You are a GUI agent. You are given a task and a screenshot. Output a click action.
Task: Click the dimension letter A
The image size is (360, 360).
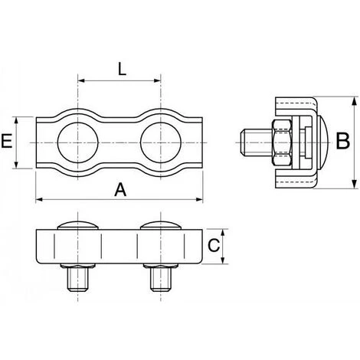tap(119, 188)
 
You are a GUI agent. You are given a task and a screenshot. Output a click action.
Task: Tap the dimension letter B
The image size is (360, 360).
tap(343, 141)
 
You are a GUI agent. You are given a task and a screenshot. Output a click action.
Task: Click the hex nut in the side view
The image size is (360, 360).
tap(281, 142)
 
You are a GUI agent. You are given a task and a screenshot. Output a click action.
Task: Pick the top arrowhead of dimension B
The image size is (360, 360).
tap(353, 98)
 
